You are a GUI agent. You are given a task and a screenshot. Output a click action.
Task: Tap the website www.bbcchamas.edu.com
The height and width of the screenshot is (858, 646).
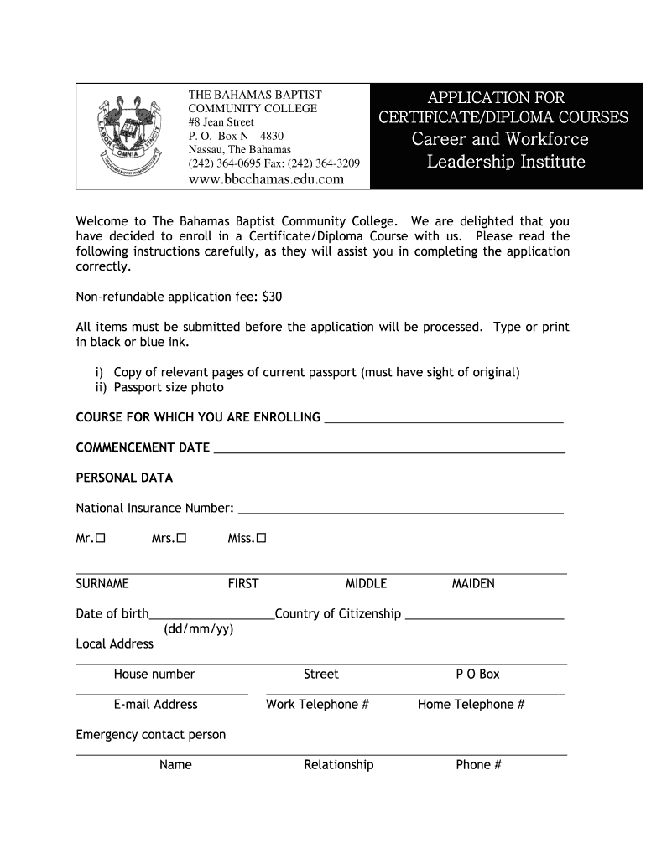[266, 179]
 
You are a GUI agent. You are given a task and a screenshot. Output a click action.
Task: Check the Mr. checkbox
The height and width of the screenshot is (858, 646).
[101, 539]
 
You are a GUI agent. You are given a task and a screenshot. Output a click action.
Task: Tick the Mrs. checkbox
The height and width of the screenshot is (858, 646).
[181, 539]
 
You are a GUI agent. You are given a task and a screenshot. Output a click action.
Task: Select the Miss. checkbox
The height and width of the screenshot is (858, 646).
[261, 539]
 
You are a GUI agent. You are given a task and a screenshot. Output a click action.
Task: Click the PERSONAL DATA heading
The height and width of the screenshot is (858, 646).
[124, 478]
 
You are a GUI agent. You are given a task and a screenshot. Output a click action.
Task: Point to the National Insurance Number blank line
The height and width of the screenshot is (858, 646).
[400, 510]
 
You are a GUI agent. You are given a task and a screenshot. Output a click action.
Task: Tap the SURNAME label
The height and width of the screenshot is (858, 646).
[102, 583]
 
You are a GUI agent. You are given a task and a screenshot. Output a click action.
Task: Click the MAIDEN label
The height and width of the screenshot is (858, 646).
[473, 583]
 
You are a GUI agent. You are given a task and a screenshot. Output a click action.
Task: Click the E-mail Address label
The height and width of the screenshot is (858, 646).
[155, 705]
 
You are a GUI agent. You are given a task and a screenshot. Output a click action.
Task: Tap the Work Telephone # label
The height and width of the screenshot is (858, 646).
[317, 705]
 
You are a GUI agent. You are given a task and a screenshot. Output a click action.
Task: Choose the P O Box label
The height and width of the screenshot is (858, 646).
[477, 675]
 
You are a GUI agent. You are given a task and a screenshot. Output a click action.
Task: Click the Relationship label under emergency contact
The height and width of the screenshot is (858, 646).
[338, 765]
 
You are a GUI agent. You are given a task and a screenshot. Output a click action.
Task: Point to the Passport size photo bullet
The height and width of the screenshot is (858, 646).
[168, 387]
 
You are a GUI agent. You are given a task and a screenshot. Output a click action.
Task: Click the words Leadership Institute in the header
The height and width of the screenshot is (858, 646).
[506, 162]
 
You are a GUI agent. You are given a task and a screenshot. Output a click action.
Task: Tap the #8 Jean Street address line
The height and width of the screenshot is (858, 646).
[221, 122]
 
